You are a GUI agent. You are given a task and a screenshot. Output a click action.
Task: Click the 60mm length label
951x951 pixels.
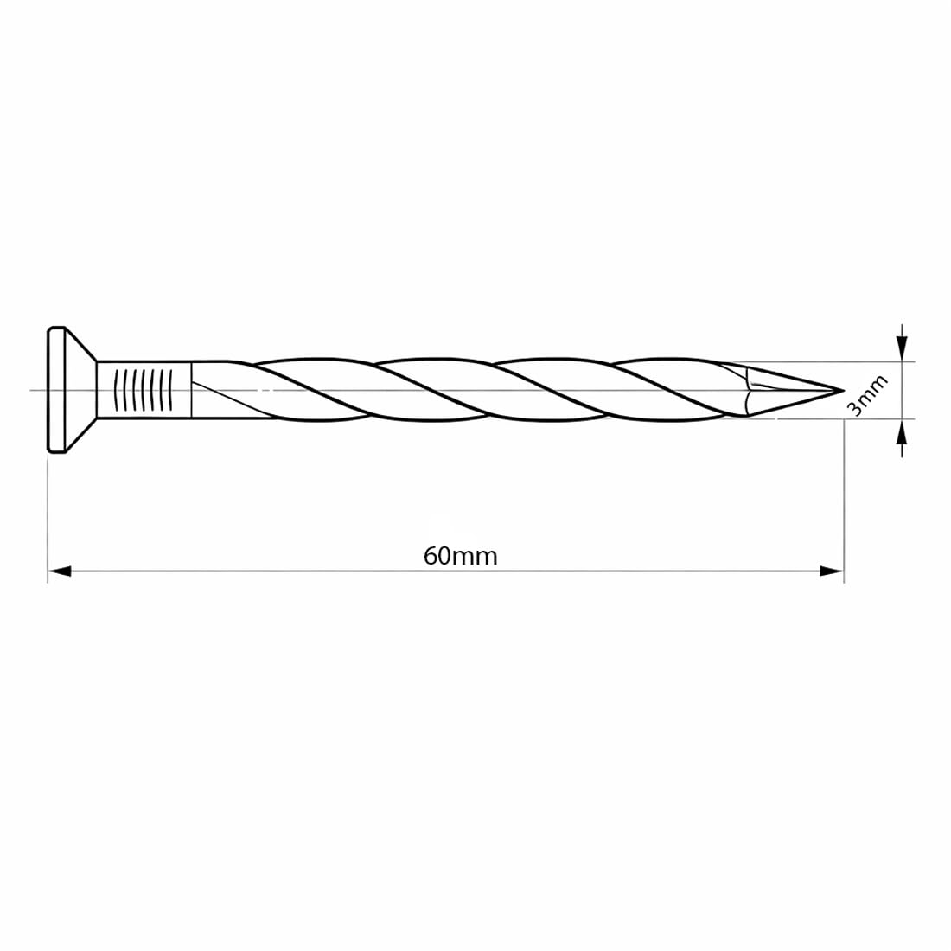pos(460,556)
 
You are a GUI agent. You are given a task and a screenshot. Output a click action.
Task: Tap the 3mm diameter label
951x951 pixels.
pos(867,395)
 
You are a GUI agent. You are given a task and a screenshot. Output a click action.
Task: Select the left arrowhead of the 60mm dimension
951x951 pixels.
pos(60,571)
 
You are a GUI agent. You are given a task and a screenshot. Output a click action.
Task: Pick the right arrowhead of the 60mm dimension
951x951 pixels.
pos(832,571)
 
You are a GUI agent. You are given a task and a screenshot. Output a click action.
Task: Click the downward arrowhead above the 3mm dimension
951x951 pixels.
pos(903,349)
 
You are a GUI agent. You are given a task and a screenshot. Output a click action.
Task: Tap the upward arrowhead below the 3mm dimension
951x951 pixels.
pos(903,431)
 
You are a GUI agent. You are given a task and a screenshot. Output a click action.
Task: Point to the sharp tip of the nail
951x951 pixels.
pos(844,390)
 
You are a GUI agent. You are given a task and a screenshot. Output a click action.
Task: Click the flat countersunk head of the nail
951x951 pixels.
pos(71,390)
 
